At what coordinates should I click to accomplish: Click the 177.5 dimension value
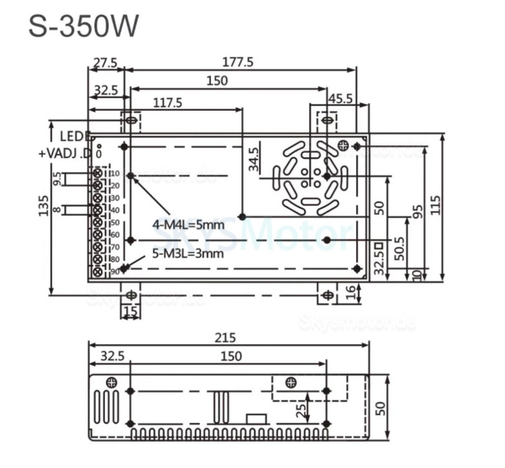(238, 62)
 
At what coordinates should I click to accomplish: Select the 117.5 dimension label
(167, 102)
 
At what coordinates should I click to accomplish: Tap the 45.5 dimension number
(339, 98)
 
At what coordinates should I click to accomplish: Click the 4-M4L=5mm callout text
(188, 225)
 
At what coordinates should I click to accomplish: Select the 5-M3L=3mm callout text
(188, 253)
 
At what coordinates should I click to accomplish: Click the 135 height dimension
(44, 205)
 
